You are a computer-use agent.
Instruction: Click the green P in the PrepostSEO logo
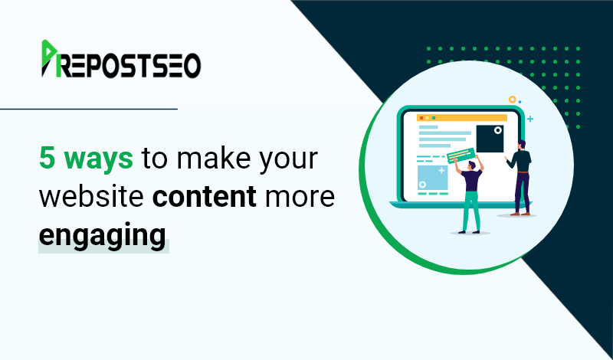pyautogui.click(x=48, y=58)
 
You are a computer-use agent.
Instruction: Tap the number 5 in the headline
pyautogui.click(x=47, y=158)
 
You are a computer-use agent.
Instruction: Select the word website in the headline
pyautogui.click(x=91, y=196)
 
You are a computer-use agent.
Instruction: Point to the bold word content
pyautogui.click(x=205, y=197)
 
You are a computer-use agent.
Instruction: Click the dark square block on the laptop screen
pyautogui.click(x=490, y=139)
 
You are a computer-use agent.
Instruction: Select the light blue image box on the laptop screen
pyautogui.click(x=432, y=178)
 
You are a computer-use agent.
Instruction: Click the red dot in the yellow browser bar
pyautogui.click(x=421, y=118)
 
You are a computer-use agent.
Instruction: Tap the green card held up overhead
pyautogui.click(x=461, y=155)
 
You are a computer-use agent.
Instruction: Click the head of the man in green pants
pyautogui.click(x=472, y=165)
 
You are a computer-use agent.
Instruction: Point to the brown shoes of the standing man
pyautogui.click(x=520, y=214)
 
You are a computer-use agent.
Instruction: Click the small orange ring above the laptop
pyautogui.click(x=512, y=100)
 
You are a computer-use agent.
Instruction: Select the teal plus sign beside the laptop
pyautogui.click(x=530, y=119)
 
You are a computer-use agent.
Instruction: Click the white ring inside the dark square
pyautogui.click(x=497, y=130)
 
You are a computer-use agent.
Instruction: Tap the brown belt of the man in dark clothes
pyautogui.click(x=523, y=172)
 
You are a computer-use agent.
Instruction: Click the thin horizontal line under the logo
pyautogui.click(x=89, y=109)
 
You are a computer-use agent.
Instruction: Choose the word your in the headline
pyautogui.click(x=289, y=161)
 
